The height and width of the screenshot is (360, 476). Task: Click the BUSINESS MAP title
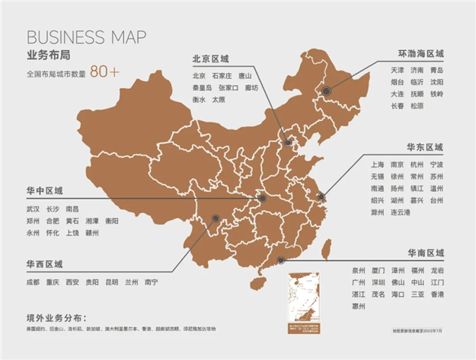pos(86,38)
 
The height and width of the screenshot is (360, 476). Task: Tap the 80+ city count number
pos(105,72)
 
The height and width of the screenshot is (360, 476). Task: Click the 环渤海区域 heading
pos(420,54)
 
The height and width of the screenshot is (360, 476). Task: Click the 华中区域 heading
pos(44,190)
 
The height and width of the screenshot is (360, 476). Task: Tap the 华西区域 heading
pos(44,264)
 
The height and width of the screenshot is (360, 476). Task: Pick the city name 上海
pos(376,164)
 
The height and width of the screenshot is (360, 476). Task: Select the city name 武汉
pos(32,209)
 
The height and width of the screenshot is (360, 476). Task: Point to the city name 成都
pos(32,282)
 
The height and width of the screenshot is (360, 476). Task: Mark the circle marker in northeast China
pos(326,91)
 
